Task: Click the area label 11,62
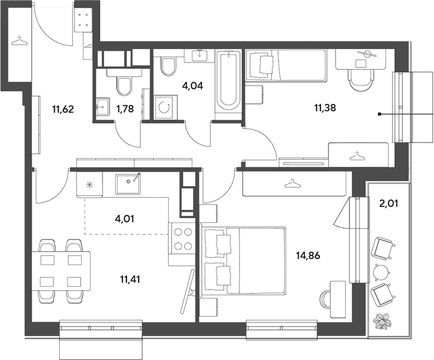pos(63,110)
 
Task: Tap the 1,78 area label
pos(125,109)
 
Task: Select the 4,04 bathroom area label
pos(192,86)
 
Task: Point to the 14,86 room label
pos(308,255)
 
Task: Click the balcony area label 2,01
pos(388,203)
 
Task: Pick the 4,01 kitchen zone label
pos(125,219)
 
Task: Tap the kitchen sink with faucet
pos(128,184)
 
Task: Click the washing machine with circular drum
pos(166,107)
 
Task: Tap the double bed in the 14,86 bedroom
pos(243,260)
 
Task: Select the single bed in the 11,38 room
pos(286,65)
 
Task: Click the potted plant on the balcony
pos(382,321)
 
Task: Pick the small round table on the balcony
pos(381,272)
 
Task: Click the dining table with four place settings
pos(61,271)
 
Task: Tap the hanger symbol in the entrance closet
pos(20,41)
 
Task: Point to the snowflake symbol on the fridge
pos(89,184)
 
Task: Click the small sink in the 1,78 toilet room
pos(103,106)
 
